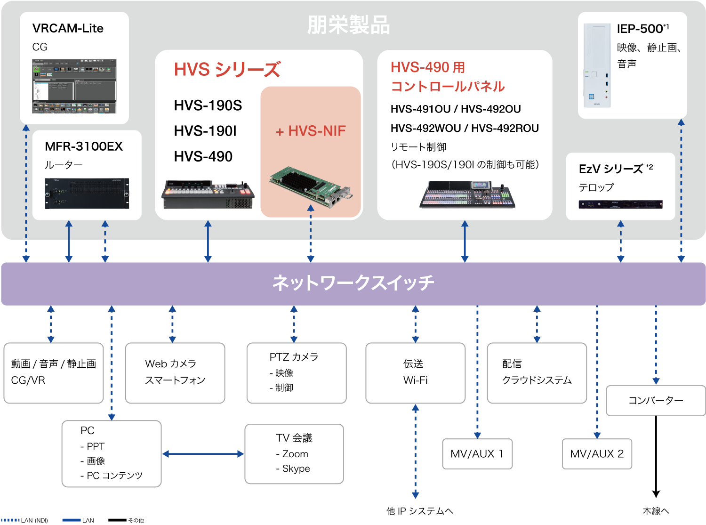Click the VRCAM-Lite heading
pos(68,28)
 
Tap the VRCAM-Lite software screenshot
pos(74,86)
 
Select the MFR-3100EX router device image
pos(87,193)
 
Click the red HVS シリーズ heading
pos(227,70)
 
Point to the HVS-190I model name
pos(205,131)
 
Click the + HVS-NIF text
pos(311,131)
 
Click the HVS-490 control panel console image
pos(467,194)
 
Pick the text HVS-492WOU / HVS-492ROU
pos(465,128)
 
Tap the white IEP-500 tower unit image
pos(597,65)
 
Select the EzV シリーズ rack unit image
pos(620,204)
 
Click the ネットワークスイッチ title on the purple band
pos(353,283)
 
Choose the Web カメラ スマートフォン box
pos(175,372)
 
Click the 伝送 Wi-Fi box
pos(415,372)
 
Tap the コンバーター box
pos(656,400)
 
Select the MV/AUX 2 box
pos(597,454)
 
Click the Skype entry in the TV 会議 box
pos(296,468)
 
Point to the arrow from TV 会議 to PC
pos(203,454)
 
